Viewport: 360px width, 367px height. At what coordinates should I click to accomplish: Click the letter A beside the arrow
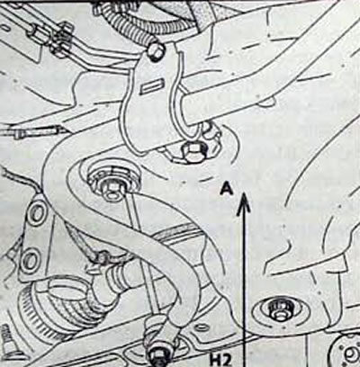[226, 189]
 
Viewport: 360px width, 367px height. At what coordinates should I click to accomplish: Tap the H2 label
[220, 361]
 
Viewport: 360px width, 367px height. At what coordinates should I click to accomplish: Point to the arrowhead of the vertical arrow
[244, 204]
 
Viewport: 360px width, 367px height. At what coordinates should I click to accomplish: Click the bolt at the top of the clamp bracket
[156, 51]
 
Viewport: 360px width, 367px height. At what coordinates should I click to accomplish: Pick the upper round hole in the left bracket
[37, 214]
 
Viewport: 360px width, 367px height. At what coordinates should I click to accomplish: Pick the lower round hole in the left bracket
[31, 260]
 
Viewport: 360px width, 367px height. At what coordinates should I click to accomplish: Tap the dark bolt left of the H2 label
[160, 357]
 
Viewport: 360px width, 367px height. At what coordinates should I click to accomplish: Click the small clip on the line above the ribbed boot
[102, 258]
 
